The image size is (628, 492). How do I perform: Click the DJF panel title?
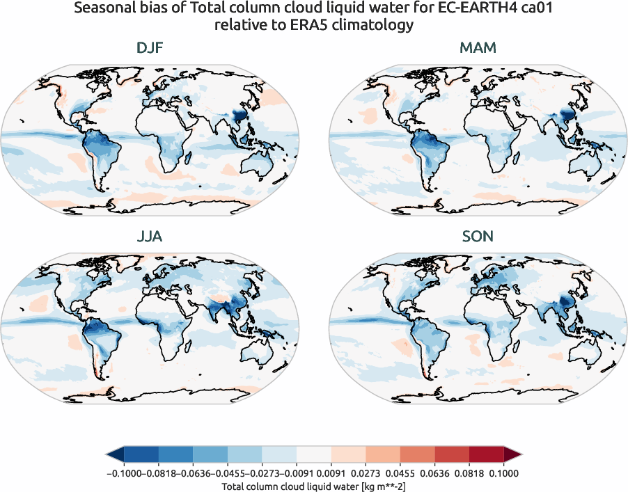click(x=151, y=49)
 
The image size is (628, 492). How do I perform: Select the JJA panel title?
click(x=151, y=237)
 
